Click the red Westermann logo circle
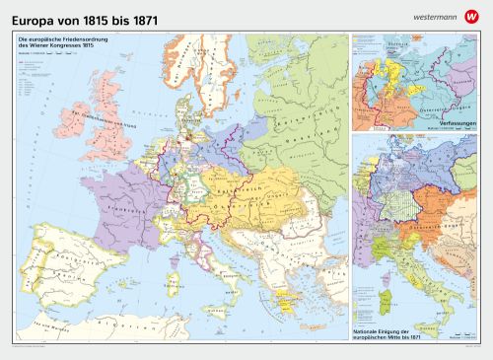pos(473,13)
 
